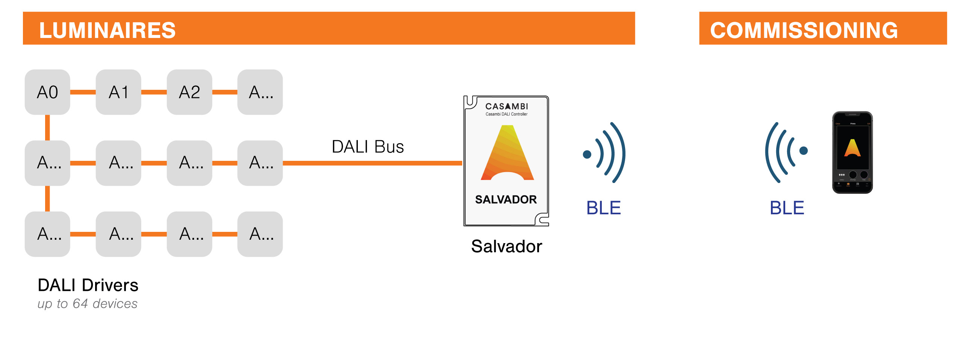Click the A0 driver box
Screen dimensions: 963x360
[47, 92]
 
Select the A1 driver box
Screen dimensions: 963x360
[118, 92]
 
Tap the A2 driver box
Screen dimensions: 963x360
[189, 92]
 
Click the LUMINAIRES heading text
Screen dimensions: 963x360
[108, 30]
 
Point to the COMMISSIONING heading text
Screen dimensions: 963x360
[804, 30]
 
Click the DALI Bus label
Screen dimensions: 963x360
[368, 147]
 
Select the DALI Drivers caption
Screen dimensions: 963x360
[88, 285]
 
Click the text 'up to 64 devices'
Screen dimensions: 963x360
[87, 304]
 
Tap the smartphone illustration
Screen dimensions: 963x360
[852, 152]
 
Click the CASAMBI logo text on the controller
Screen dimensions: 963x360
[506, 106]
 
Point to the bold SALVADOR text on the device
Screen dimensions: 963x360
[506, 200]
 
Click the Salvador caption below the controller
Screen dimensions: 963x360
[506, 247]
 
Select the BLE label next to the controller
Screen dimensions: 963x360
[603, 208]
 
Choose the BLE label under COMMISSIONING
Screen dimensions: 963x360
[787, 208]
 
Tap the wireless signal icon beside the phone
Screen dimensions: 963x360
[786, 152]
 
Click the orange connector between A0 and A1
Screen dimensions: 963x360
[83, 92]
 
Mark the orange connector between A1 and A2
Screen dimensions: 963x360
[154, 92]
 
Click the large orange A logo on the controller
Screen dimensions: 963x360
[507, 154]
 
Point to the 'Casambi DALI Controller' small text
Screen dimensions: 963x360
[506, 114]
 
